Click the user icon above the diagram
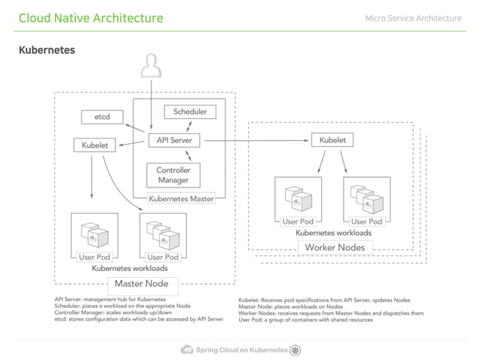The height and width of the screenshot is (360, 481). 152,68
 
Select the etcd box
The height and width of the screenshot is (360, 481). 102,117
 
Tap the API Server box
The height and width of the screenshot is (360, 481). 174,140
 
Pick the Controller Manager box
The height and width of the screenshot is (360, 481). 173,175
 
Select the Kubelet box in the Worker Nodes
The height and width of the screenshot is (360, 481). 332,140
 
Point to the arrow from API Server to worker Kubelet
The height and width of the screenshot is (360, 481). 256,140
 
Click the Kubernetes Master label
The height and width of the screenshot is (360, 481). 182,200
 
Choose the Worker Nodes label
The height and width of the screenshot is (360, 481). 334,247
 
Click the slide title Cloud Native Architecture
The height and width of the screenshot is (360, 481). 90,18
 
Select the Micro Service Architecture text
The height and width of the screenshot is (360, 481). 412,18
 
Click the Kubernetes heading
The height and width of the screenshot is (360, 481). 47,50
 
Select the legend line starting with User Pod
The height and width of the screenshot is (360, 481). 305,319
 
